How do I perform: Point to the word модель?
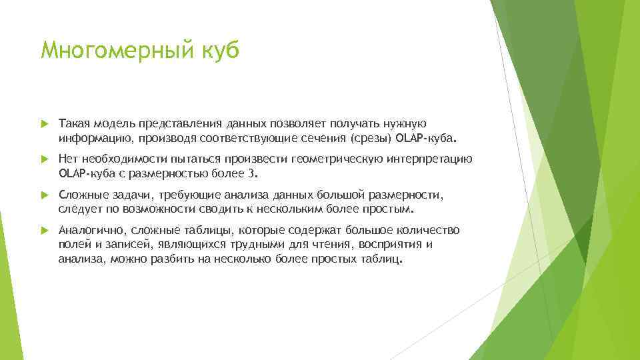[x=112, y=123]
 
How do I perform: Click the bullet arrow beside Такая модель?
[x=44, y=124]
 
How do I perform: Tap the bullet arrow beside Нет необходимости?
[x=44, y=160]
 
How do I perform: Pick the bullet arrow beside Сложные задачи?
[x=44, y=196]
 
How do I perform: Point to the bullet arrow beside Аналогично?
[x=44, y=231]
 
